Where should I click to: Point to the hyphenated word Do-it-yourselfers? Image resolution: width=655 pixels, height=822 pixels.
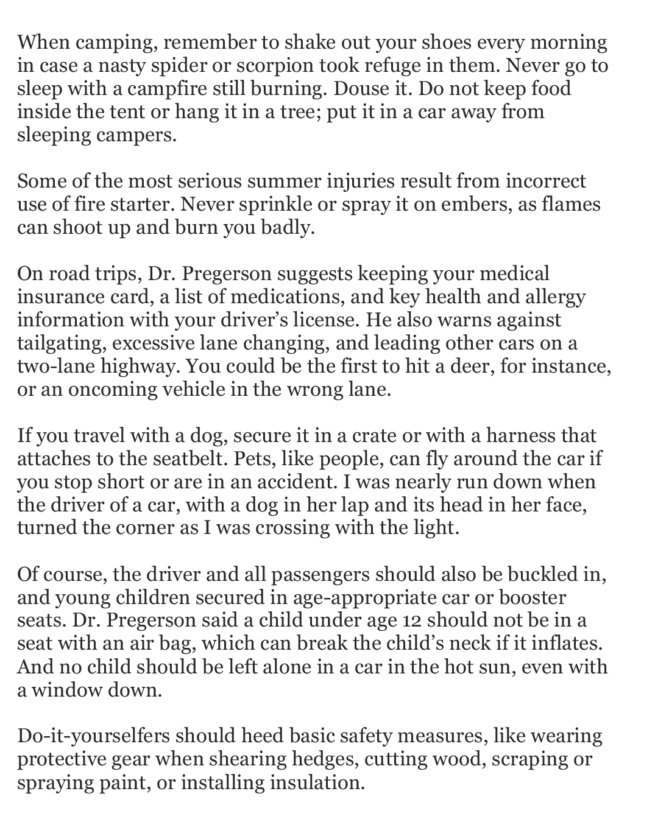click(x=93, y=737)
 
